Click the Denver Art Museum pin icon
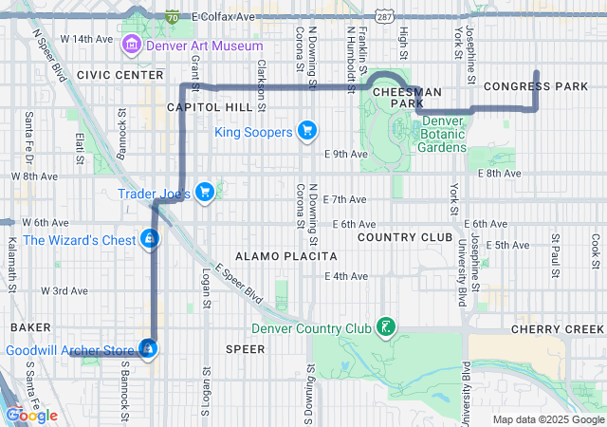130,45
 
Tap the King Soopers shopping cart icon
306,131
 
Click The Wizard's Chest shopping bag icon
149,239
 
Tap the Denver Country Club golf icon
385,328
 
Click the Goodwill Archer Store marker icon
148,350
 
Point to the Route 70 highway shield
172,17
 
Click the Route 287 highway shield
383,17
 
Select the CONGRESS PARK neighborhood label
536,86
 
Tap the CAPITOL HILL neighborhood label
210,107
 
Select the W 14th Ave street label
84,39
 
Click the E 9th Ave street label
344,153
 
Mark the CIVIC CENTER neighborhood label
120,74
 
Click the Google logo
31,415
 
